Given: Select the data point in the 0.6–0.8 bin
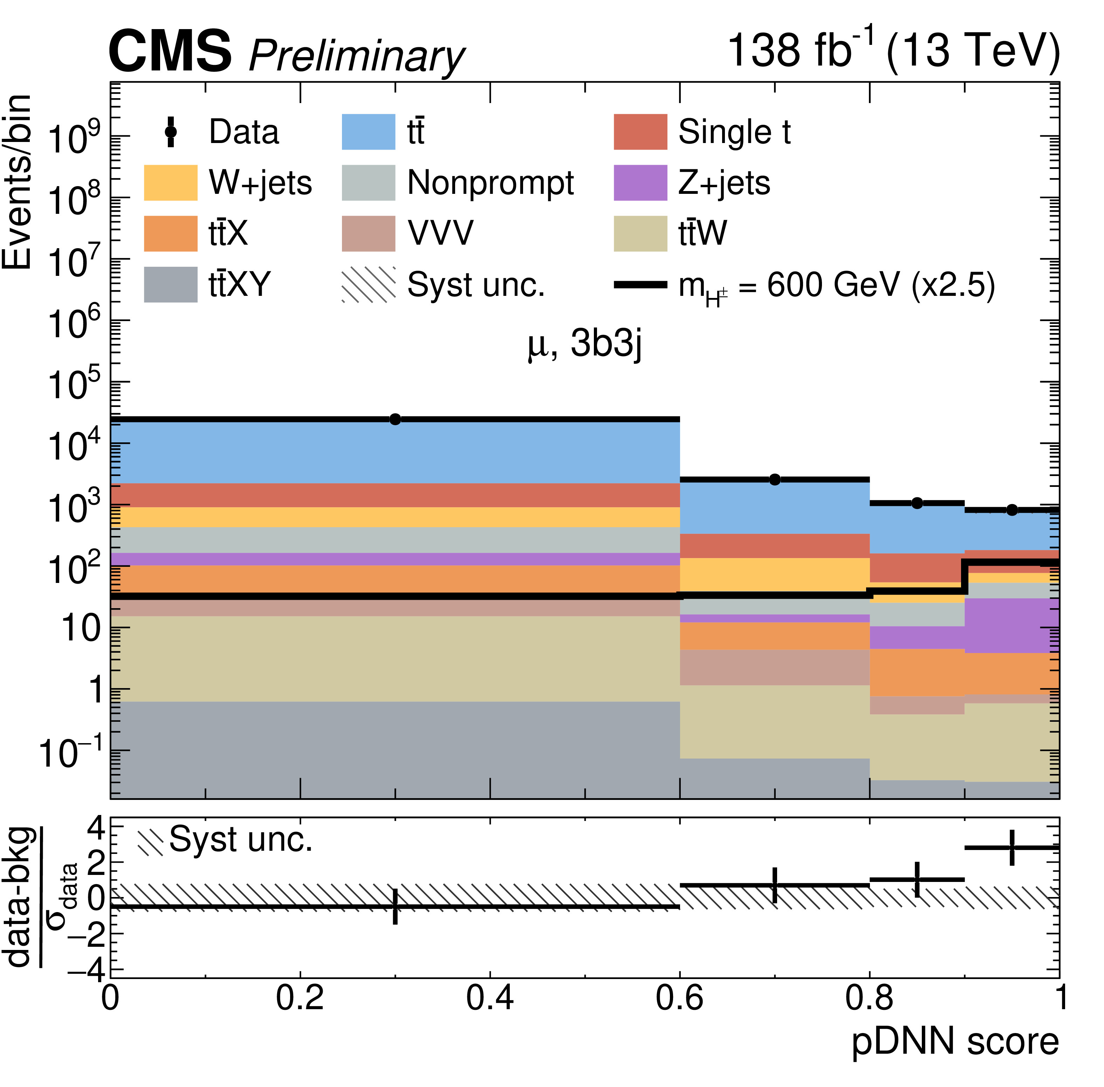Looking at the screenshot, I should click(x=774, y=480).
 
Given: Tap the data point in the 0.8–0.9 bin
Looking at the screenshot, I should click(x=917, y=503).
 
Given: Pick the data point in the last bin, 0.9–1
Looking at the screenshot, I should click(x=1012, y=510).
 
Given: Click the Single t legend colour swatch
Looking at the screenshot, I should click(x=640, y=132).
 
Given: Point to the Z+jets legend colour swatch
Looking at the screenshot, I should click(x=640, y=183).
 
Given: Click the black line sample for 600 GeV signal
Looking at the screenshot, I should click(x=640, y=284).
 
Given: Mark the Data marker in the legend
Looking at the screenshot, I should click(x=170, y=132).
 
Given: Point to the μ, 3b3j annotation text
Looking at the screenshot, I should click(x=585, y=344).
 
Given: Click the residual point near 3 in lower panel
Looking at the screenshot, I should click(x=1012, y=848).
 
